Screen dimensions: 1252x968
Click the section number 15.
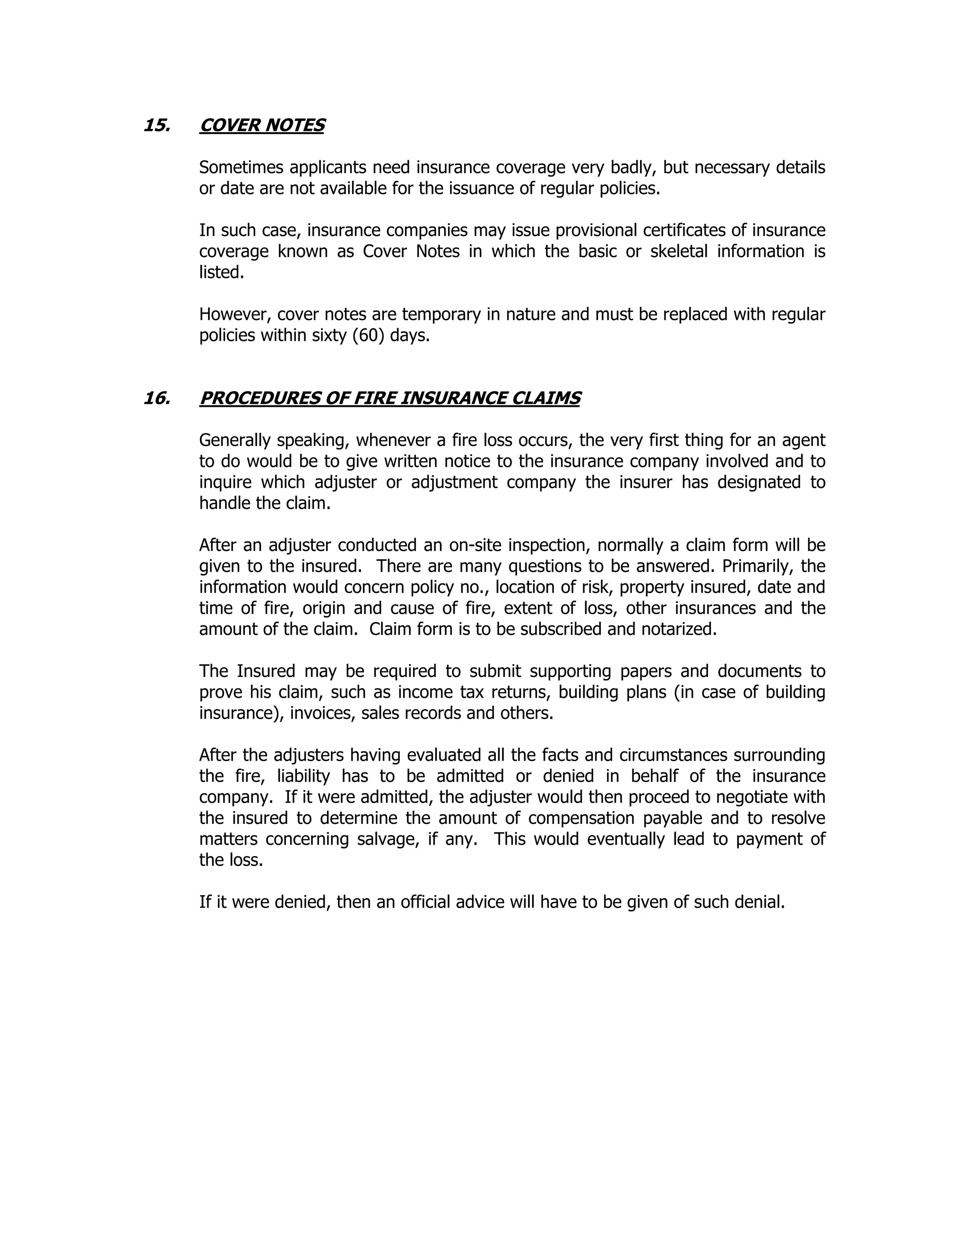point(156,126)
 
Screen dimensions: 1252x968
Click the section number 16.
point(156,398)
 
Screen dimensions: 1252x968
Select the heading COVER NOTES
point(262,126)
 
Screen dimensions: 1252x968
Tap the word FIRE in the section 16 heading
point(373,398)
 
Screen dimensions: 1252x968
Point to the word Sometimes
point(242,167)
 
